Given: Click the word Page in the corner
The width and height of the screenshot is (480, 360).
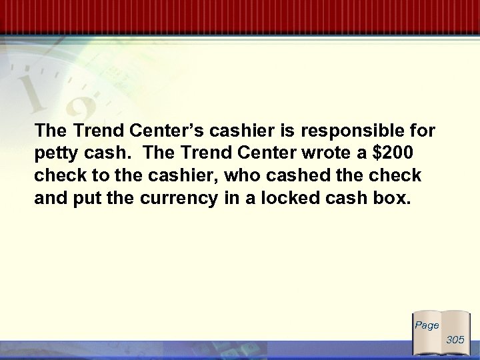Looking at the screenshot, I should click(427, 326).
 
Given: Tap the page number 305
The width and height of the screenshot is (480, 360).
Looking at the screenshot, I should click(455, 340).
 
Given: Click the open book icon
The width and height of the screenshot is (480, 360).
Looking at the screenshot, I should click(440, 333).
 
